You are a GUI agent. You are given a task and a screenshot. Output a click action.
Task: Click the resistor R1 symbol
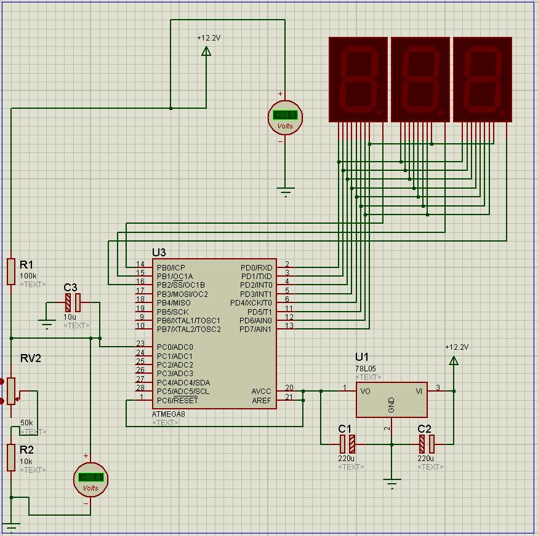point(11,272)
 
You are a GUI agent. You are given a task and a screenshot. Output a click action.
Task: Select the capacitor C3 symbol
point(73,302)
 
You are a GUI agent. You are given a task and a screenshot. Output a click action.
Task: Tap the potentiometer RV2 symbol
point(11,391)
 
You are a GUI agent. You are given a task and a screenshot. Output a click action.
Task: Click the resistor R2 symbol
point(11,457)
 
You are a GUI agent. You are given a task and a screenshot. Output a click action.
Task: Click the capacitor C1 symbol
point(348,443)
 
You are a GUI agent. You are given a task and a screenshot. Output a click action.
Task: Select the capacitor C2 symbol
point(427,443)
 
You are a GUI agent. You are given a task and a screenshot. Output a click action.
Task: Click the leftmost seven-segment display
point(358,79)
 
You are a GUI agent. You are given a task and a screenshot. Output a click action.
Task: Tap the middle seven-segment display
point(420,79)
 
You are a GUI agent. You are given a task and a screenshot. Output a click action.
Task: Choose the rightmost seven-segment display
point(483,79)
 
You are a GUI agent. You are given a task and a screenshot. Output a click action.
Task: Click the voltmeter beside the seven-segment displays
point(285,117)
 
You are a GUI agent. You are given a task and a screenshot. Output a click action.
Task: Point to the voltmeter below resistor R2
point(90,479)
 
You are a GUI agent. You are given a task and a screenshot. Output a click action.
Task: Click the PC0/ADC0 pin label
point(175,347)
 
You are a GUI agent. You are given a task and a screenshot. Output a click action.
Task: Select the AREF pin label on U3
point(262,401)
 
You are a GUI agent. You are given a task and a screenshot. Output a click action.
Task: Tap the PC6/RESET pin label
point(178,401)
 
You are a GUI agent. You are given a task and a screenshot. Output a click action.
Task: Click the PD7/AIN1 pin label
point(255,329)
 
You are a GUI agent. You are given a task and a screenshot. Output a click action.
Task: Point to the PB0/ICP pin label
point(171,267)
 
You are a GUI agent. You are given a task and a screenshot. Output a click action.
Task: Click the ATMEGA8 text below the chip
point(167,414)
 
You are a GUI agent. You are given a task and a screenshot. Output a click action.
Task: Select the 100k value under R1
point(28,276)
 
